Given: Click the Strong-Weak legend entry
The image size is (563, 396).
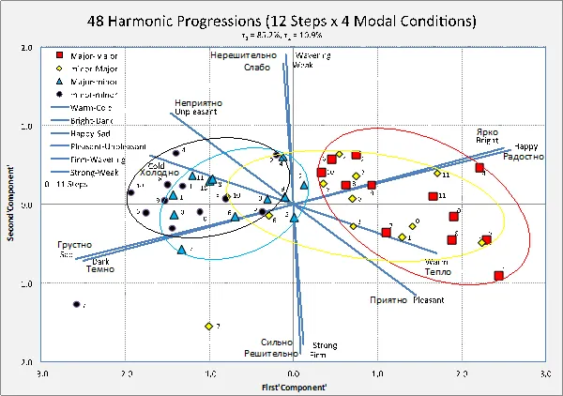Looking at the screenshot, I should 94,172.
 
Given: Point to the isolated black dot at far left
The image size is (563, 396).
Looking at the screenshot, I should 76,304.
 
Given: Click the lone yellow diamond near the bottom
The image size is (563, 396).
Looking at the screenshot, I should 208,326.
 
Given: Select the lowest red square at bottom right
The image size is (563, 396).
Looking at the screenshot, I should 498,276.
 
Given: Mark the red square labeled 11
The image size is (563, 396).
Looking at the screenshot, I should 433,196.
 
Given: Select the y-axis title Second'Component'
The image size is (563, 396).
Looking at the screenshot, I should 10,205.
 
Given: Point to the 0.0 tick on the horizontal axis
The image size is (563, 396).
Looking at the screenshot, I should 293,373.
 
